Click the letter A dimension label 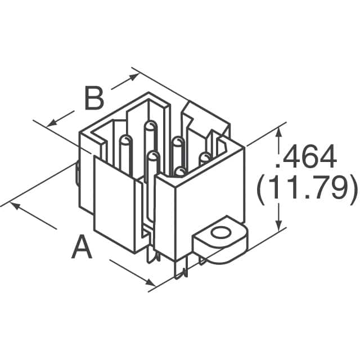click(x=82, y=247)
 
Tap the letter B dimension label click(x=94, y=99)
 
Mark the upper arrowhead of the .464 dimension click(x=277, y=132)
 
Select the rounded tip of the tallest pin click(x=150, y=125)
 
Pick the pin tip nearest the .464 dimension click(x=205, y=157)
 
